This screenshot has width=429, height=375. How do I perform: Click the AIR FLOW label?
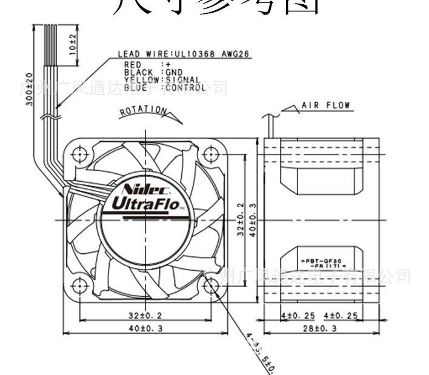[326, 105]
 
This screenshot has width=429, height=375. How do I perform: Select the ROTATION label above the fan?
[144, 111]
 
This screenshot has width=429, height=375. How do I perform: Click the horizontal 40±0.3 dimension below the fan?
[145, 329]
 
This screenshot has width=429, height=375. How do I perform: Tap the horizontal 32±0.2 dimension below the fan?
[145, 315]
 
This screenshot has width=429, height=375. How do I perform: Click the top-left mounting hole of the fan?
[79, 154]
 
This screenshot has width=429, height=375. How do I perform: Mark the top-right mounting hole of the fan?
[211, 154]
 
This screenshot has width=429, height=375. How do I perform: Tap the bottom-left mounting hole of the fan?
[79, 285]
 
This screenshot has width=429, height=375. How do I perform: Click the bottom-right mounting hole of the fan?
[211, 285]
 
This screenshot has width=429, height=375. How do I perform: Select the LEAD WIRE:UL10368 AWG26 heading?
[185, 53]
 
